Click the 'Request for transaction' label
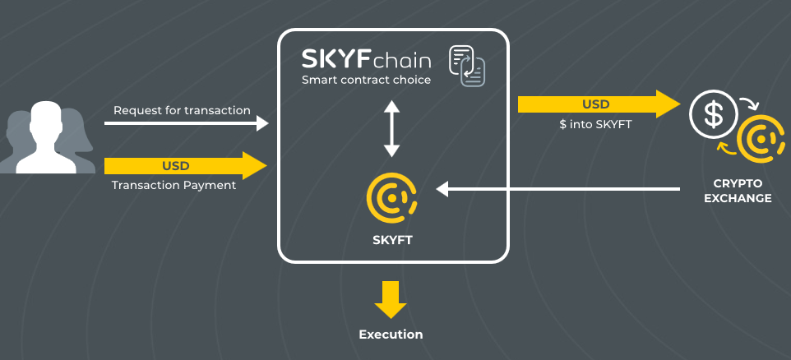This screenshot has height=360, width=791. pos(182,110)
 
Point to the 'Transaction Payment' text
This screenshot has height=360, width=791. pos(173,185)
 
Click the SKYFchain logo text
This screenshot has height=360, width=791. pos(367,60)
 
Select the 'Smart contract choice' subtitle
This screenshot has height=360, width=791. pos(366,81)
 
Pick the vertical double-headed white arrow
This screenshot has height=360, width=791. pos(391,128)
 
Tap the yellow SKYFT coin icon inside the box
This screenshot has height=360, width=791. pos(391,197)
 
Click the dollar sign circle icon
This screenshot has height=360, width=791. pos(713,115)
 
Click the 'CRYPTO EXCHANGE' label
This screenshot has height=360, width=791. pos(738,191)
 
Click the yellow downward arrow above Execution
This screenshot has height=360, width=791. pos(391,299)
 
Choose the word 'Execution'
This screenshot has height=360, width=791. pos(391,335)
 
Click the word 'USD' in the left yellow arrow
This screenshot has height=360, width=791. pos(175,166)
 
